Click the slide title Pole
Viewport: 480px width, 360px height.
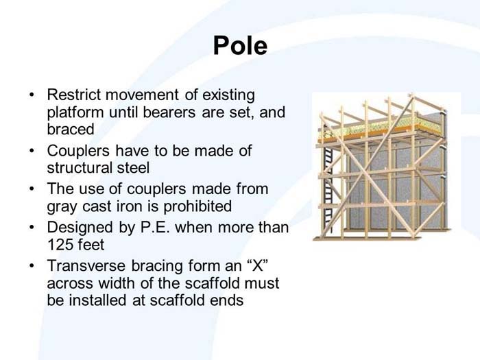click(x=239, y=45)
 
